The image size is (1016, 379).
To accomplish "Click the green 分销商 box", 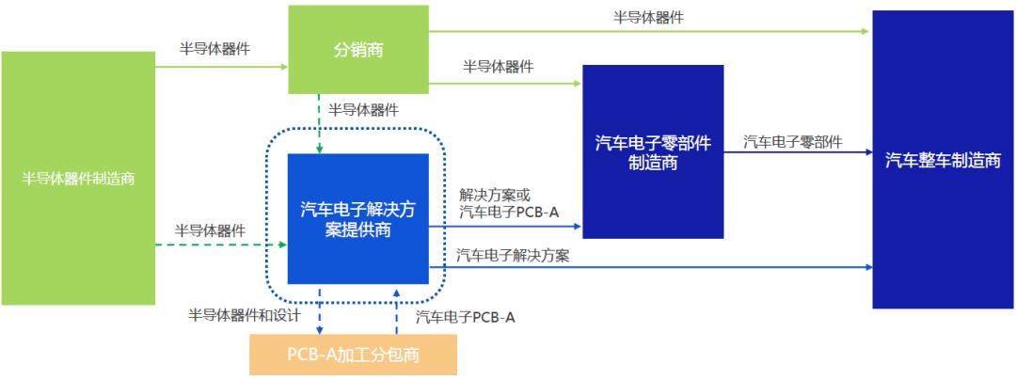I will tap(357, 49).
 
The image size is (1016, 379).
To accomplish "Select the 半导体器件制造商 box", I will tap(78, 178).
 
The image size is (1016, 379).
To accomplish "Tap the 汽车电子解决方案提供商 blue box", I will tap(357, 218).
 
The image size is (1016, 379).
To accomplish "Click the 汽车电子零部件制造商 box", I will tap(653, 151).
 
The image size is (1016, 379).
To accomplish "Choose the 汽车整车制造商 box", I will tap(943, 160).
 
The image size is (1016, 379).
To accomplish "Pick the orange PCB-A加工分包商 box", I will tap(353, 355).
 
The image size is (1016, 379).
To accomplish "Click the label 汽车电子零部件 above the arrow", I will tap(793, 142).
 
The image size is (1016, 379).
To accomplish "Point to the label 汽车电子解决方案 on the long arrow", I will tap(513, 255).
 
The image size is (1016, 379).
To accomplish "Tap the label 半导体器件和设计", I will tap(244, 315).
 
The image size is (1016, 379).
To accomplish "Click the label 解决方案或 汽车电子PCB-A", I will tap(508, 204).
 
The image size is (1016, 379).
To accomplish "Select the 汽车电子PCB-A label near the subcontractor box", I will tap(465, 317).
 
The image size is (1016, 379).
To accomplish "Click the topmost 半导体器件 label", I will tap(648, 17).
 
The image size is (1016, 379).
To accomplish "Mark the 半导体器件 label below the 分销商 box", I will tap(363, 110).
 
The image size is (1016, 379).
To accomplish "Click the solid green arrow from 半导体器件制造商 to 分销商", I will tap(221, 67).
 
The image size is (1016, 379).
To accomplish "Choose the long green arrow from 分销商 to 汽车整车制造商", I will tap(648, 31).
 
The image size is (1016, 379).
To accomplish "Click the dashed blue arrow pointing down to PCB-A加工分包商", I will tap(321, 310).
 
